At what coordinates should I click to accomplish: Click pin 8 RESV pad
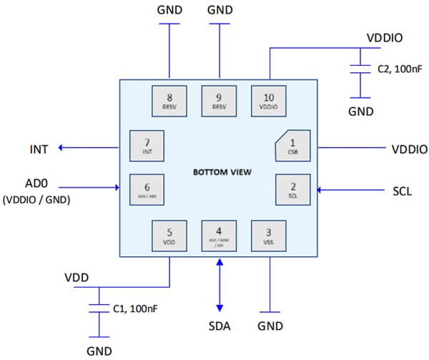[169, 101]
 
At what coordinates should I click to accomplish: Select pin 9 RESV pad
[219, 101]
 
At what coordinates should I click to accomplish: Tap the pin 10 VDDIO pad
[269, 101]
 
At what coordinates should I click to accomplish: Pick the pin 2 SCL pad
[292, 190]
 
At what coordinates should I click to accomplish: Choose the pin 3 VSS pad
[269, 235]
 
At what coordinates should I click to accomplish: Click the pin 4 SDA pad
[219, 235]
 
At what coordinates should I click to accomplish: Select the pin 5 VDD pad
[169, 235]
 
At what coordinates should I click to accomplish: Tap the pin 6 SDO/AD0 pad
[146, 190]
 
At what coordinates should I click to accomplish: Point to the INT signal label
[39, 149]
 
